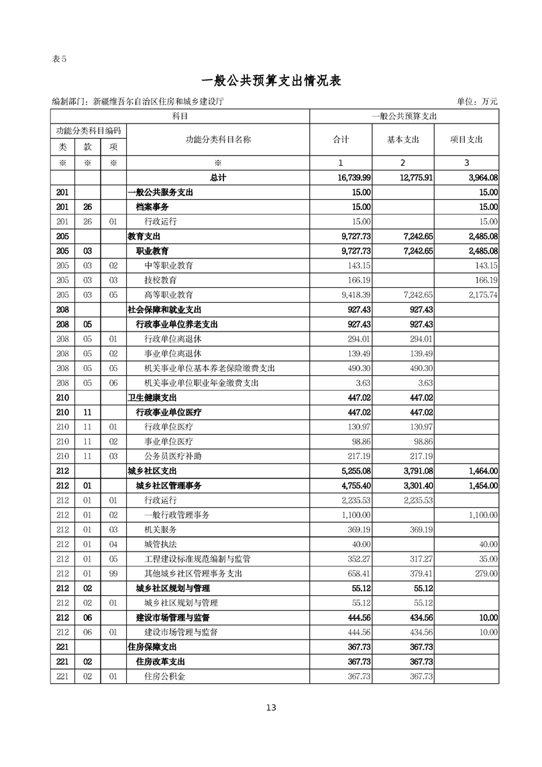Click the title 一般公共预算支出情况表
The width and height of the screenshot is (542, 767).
point(271,81)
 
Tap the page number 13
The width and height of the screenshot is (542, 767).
point(271,707)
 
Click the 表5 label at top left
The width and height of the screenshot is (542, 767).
point(60,58)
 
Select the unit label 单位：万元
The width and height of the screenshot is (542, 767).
point(477,101)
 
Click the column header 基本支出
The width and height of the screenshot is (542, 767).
point(402,140)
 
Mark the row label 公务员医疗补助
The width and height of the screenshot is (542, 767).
point(173,456)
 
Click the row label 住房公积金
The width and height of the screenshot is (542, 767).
point(165,676)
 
